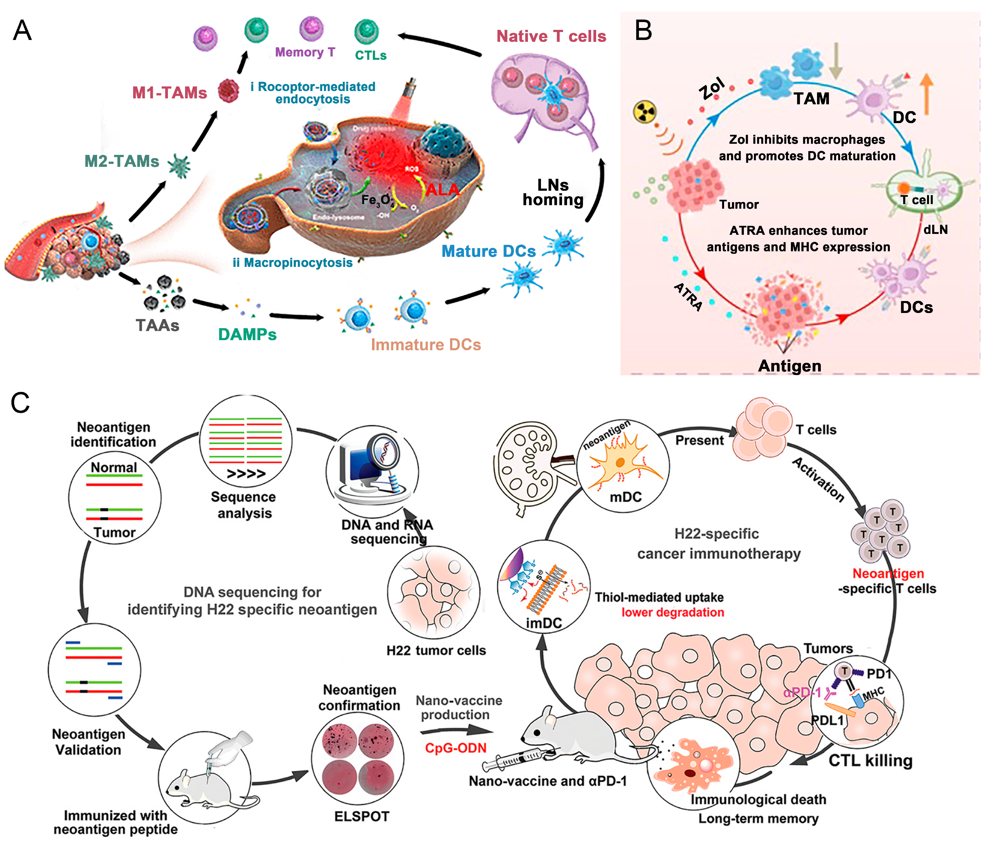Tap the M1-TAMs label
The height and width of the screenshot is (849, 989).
tap(170, 93)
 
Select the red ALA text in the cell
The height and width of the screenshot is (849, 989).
tap(442, 189)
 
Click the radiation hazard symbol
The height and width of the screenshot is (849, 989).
tap(644, 113)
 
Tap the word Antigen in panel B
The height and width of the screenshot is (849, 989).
tap(790, 366)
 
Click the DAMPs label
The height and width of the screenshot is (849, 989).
tap(247, 334)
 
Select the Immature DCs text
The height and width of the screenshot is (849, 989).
tap(426, 344)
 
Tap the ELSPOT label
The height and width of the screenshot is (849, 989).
tap(361, 816)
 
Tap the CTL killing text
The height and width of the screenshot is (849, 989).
tap(870, 760)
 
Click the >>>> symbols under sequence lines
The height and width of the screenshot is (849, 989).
tap(246, 474)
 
